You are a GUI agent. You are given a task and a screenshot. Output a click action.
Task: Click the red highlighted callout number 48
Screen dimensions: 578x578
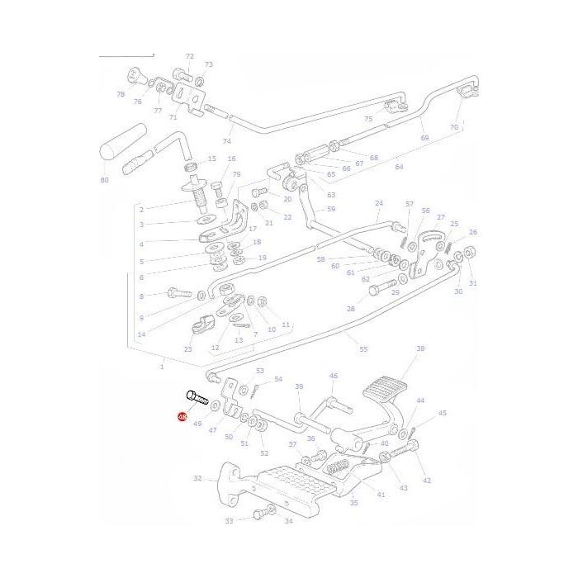tap(182, 418)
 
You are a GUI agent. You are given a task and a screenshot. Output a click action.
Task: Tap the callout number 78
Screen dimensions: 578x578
tap(121, 95)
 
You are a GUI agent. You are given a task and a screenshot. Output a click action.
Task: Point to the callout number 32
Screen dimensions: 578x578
tap(197, 478)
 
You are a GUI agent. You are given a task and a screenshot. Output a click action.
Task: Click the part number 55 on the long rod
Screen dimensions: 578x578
tap(363, 350)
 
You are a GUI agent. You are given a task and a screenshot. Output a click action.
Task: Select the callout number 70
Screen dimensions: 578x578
tap(453, 128)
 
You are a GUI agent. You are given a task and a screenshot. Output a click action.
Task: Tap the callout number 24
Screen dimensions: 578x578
tap(379, 203)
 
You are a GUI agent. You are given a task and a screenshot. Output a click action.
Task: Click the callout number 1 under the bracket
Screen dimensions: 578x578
tap(162, 366)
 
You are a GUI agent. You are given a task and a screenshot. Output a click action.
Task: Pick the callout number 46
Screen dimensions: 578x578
tap(334, 376)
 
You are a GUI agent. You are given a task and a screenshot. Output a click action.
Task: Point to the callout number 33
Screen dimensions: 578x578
tap(230, 521)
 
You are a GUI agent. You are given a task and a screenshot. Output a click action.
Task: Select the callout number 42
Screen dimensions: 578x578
tap(426, 480)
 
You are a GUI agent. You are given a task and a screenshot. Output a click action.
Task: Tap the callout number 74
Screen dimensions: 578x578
tap(227, 141)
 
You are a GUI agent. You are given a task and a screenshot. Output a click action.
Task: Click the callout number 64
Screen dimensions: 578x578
tap(399, 167)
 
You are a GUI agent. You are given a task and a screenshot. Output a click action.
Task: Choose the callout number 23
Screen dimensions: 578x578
tap(188, 350)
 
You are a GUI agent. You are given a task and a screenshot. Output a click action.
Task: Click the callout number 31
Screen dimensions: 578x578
tap(473, 284)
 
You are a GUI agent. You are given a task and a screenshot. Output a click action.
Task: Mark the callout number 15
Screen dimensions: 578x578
tap(211, 159)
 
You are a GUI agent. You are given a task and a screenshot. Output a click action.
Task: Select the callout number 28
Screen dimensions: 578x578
tap(350, 309)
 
